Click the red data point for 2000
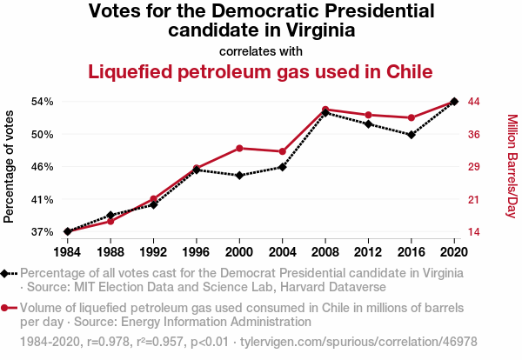point(239,149)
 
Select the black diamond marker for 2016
point(412,135)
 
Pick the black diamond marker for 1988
point(110,215)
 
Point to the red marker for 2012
point(369,115)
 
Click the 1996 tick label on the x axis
point(197,251)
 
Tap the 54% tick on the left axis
point(42,102)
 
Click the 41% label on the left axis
point(42,199)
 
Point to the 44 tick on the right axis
point(475,102)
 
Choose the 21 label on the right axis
point(475,199)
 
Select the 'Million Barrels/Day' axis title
point(512,166)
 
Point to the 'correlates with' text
point(261,50)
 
